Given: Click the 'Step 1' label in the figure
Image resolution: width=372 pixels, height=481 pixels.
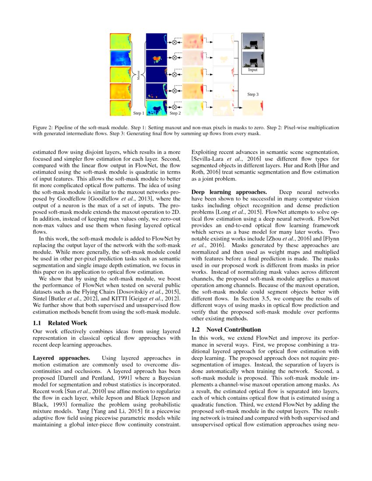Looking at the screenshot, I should tap(138, 113).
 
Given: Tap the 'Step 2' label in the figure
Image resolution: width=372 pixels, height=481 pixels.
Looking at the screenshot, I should tap(175, 113).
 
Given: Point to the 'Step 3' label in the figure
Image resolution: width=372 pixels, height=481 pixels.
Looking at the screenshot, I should tap(253, 94).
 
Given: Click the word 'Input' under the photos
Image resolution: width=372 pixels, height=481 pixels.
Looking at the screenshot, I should tap(253, 70).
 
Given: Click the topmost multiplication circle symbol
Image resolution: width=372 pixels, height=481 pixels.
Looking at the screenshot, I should tap(174, 42).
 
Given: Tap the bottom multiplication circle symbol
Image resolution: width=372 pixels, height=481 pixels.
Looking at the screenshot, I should tap(174, 107).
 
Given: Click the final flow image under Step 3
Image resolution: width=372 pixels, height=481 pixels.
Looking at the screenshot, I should tap(253, 108).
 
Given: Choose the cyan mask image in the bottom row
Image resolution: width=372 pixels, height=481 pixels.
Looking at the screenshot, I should tap(156, 108).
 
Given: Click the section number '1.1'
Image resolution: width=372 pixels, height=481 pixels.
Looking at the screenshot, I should tap(38, 323).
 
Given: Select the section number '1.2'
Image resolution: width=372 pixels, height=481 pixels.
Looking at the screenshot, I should tap(197, 330).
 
